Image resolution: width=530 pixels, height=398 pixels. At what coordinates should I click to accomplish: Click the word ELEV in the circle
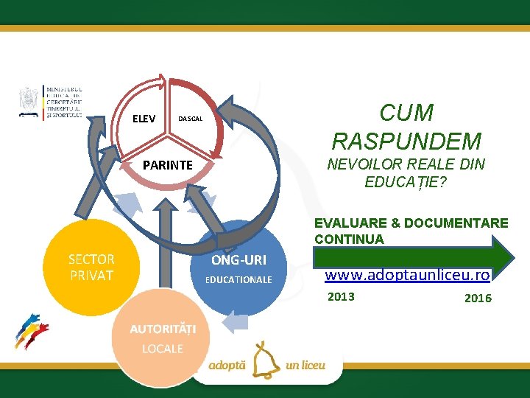click(144, 118)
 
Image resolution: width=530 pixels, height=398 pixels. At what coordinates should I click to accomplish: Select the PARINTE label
click(167, 165)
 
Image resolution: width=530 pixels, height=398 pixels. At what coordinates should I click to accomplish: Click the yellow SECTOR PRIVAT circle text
click(91, 268)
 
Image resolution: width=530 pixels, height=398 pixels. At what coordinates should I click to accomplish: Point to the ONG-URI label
click(239, 260)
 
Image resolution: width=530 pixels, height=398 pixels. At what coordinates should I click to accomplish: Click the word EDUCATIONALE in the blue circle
click(239, 280)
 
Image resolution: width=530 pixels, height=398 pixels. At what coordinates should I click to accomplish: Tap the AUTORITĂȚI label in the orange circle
click(159, 328)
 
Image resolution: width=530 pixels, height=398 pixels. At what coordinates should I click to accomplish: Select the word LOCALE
click(163, 348)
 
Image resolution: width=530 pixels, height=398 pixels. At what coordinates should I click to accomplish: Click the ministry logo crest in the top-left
click(29, 101)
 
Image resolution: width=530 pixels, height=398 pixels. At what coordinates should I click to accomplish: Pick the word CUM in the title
click(406, 113)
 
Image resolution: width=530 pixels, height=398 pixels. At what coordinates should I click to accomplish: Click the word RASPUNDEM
click(407, 140)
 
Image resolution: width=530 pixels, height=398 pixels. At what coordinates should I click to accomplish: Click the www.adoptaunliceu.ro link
click(408, 275)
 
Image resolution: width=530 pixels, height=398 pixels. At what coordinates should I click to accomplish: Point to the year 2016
click(478, 298)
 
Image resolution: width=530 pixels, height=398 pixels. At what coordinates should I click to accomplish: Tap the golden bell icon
click(264, 361)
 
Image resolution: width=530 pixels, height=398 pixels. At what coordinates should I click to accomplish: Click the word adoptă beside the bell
click(228, 365)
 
